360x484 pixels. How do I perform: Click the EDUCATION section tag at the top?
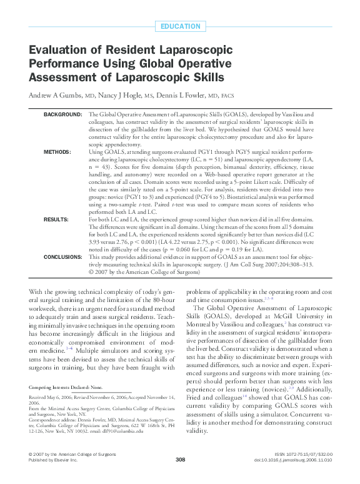[x=180, y=26]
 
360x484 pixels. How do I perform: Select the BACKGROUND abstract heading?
[x=62, y=115]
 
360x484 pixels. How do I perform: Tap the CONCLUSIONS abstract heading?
[x=62, y=257]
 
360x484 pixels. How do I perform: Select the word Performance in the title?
[x=66, y=64]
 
